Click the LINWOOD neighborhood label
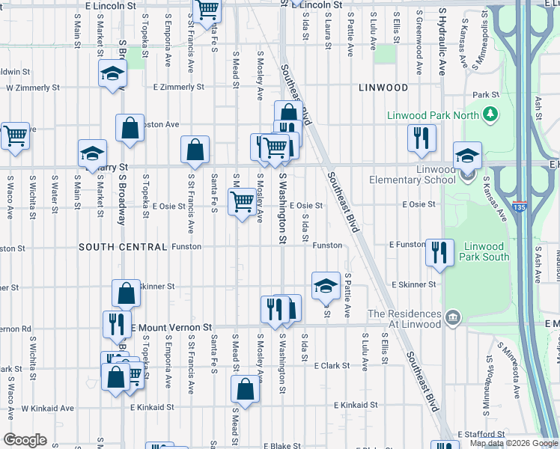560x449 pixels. coord(383,88)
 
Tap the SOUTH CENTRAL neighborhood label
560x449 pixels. coord(122,247)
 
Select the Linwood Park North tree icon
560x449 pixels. coord(490,114)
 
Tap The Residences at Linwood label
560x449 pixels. coord(404,319)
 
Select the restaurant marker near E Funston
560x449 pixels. coord(439,251)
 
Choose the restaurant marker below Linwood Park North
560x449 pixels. coord(421,138)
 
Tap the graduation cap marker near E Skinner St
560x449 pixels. coord(326,286)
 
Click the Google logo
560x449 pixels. coord(25,440)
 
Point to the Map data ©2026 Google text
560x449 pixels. coord(513,443)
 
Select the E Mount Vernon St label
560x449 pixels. coord(171,328)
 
